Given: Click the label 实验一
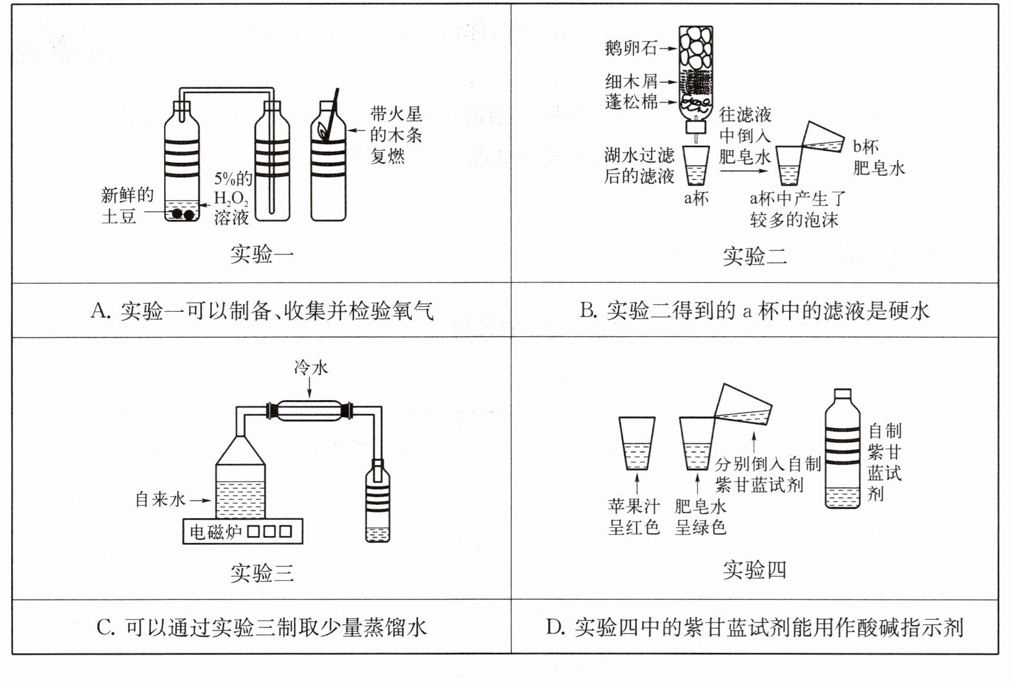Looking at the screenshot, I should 262,254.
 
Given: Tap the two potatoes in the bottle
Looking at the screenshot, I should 183,214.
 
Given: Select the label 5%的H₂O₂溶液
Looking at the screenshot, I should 232,199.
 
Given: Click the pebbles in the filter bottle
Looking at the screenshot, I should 696,48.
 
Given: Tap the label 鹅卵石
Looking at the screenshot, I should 631,48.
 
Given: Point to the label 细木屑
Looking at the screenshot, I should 631,81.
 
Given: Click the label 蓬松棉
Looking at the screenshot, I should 631,101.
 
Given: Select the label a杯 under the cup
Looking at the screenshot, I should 696,199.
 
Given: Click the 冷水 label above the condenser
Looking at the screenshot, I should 311,368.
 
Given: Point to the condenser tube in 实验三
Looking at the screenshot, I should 309,411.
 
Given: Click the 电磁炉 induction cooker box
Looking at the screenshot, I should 242,532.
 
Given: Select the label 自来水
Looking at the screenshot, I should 160,499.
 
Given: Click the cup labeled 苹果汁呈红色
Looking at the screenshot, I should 637,443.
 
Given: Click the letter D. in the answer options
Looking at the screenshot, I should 555,628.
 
